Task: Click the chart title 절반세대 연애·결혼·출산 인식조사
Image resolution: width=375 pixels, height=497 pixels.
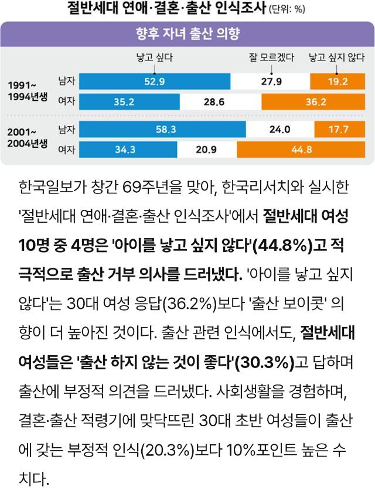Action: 166,9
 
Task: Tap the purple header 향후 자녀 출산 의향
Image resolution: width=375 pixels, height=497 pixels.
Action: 187,34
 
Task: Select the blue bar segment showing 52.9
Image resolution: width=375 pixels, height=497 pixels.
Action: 155,81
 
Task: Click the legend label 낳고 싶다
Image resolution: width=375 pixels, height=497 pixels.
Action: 154,57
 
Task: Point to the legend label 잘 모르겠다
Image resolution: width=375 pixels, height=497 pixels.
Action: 271,57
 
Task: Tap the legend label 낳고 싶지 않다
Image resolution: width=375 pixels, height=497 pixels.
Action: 336,57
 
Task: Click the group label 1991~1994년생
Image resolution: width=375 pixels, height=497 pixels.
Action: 27,91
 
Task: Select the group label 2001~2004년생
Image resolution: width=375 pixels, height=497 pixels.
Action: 27,138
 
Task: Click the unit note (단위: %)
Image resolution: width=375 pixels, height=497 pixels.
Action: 287,10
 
